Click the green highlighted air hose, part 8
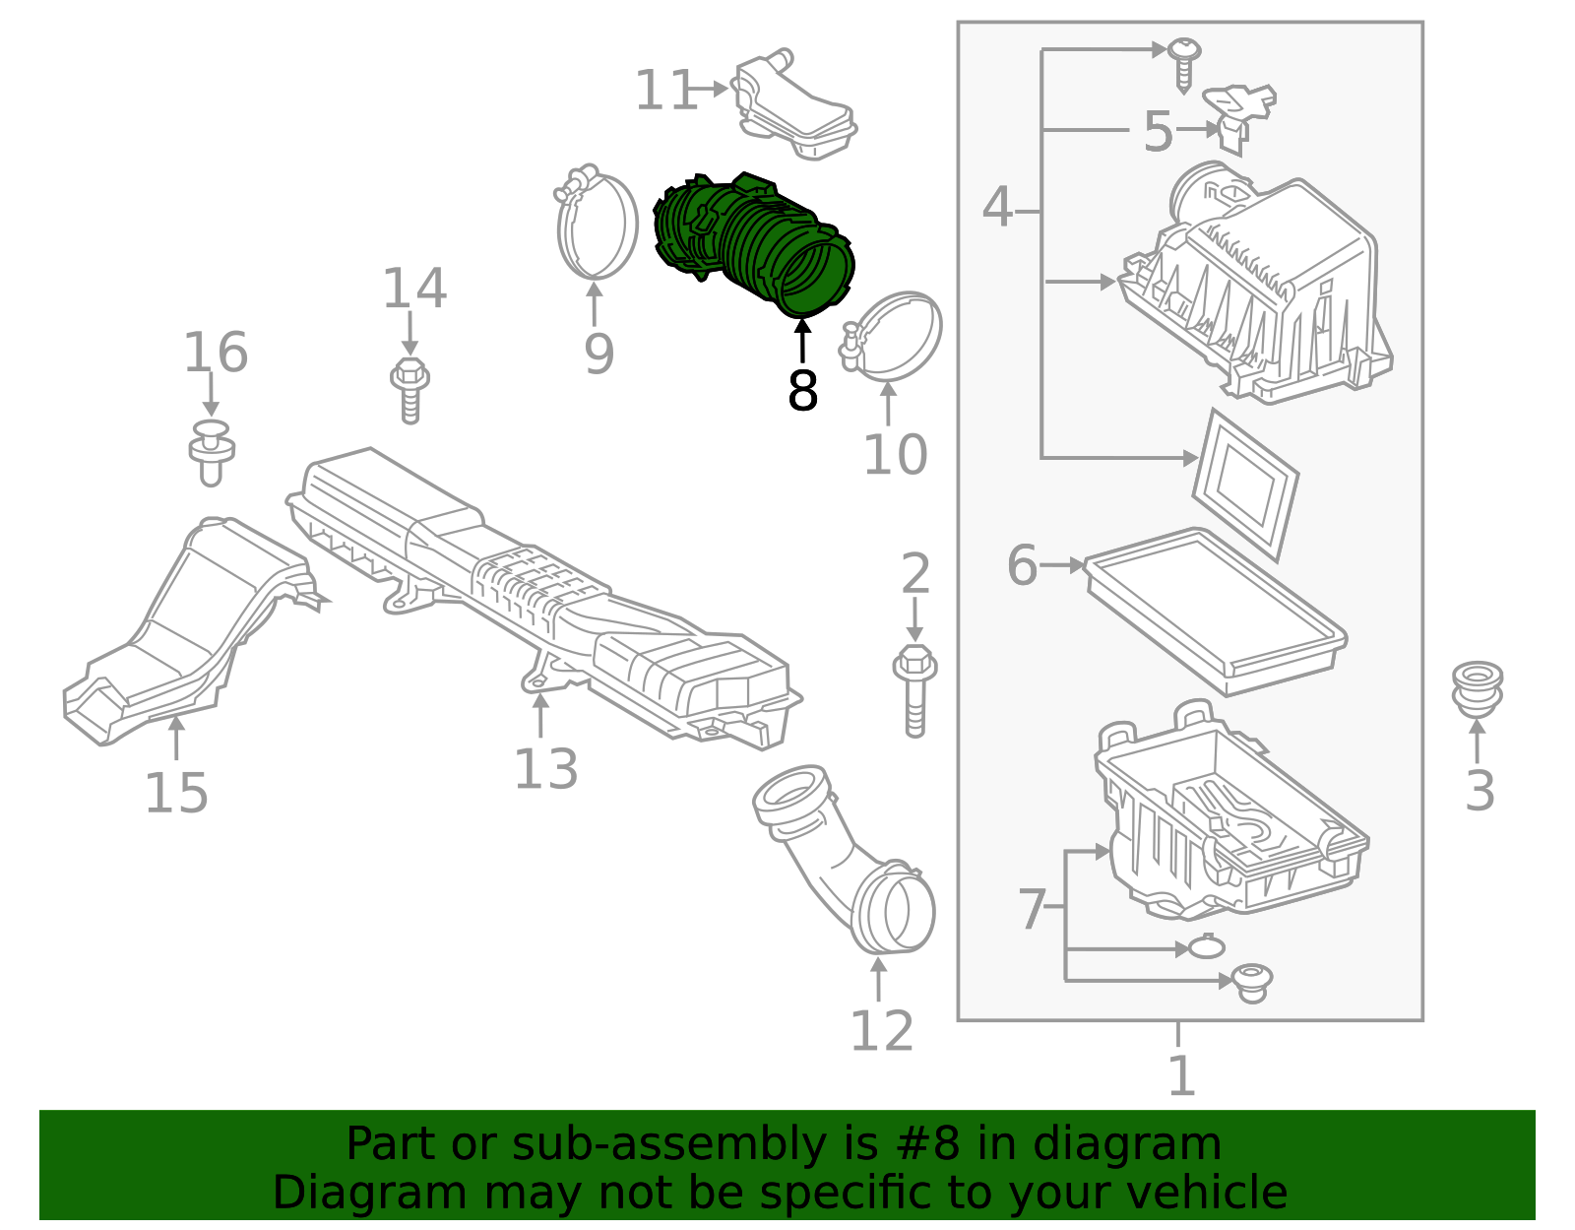point(753,241)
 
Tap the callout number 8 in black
point(802,392)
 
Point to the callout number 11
point(665,91)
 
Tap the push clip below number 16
point(211,453)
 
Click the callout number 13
point(545,769)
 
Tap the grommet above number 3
point(1477,688)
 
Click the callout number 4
point(997,208)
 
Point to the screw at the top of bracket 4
point(1184,59)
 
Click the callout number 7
point(1031,909)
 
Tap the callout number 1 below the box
point(1180,1075)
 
